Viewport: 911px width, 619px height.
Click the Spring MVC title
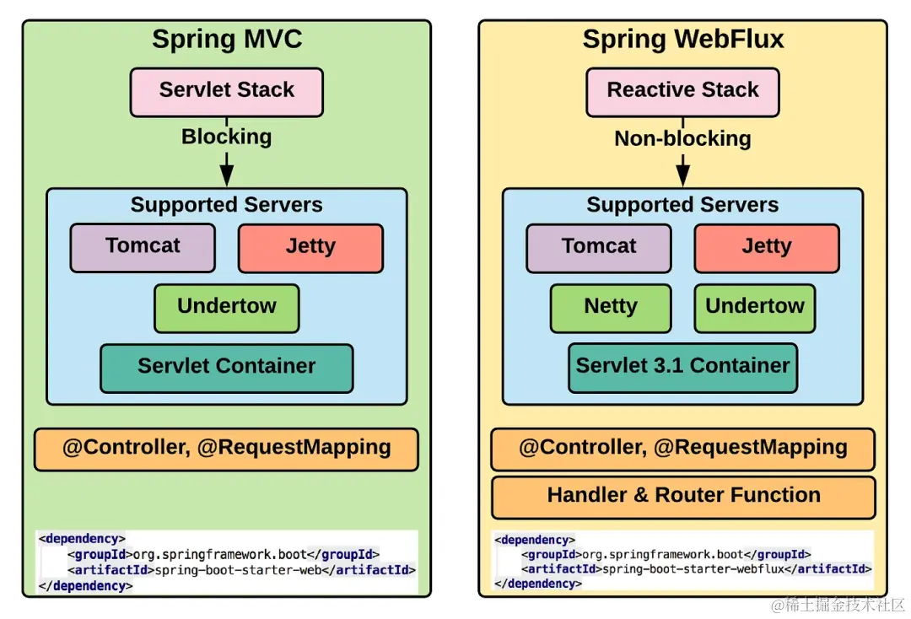coord(226,40)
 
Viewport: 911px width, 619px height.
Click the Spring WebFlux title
coord(682,40)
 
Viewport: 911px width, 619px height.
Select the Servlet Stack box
coord(226,91)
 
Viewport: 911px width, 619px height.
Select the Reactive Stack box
coord(682,91)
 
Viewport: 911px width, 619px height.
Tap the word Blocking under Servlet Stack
coord(226,137)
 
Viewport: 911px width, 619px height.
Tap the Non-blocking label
coord(682,138)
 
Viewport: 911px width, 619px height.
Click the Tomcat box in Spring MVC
coord(143,247)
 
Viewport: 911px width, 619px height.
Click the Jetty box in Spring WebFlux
coord(766,247)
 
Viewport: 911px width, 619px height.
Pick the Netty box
coord(611,307)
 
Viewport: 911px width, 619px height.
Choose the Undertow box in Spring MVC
coord(226,307)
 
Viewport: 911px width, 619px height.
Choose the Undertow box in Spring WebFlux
coord(754,307)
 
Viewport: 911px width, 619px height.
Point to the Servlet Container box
coord(226,368)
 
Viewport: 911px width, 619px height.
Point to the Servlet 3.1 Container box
coord(682,367)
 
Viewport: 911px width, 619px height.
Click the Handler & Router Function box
coord(682,497)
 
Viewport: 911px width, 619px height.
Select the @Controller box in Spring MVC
coord(226,449)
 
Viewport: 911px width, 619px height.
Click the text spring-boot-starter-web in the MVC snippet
coord(246,570)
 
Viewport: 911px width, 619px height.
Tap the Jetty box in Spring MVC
coord(310,247)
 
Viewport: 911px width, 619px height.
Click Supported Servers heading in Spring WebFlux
coord(682,205)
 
